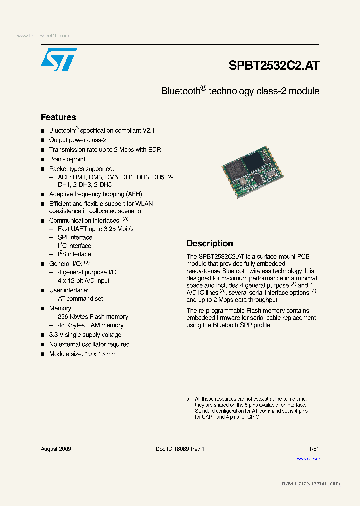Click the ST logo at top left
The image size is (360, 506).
pyautogui.click(x=59, y=59)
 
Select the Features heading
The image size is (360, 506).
pyautogui.click(x=58, y=117)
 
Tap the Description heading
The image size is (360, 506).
pyautogui.click(x=210, y=243)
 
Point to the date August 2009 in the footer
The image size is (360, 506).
pyautogui.click(x=56, y=449)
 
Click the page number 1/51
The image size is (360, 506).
pyautogui.click(x=314, y=449)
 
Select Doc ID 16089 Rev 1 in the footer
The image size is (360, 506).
pyautogui.click(x=180, y=449)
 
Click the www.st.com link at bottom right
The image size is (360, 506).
pyautogui.click(x=308, y=458)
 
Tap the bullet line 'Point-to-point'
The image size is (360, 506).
pyautogui.click(x=67, y=159)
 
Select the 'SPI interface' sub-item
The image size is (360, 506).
pyautogui.click(x=75, y=237)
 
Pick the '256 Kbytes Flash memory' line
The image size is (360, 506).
pyautogui.click(x=93, y=317)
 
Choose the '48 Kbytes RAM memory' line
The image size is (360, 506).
pyautogui.click(x=90, y=325)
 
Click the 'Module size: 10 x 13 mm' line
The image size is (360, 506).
pyautogui.click(x=83, y=354)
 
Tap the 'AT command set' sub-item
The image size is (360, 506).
pyautogui.click(x=80, y=299)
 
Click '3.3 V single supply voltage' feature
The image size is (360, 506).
pyautogui.click(x=85, y=335)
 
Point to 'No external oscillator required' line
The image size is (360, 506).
pyautogui.click(x=89, y=344)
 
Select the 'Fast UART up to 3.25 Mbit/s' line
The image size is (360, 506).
pyautogui.click(x=95, y=229)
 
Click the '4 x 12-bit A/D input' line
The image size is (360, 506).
pyautogui.click(x=84, y=281)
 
